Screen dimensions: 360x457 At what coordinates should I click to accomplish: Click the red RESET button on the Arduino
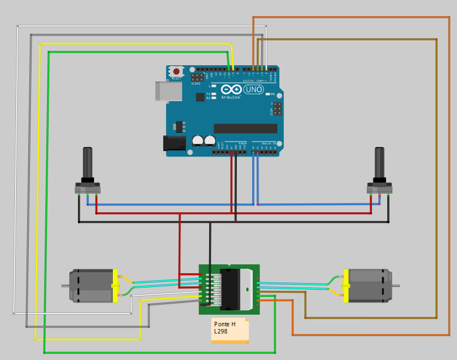pyautogui.click(x=176, y=71)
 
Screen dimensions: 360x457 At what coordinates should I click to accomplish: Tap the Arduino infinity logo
pyautogui.click(x=231, y=90)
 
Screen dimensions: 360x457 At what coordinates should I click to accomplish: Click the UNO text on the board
pyautogui.click(x=253, y=90)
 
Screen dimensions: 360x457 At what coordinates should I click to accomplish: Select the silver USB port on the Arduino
pyautogui.click(x=169, y=91)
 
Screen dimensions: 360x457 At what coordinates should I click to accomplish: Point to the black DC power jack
pyautogui.click(x=174, y=143)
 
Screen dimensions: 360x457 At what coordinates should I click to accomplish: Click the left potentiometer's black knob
pyautogui.click(x=87, y=162)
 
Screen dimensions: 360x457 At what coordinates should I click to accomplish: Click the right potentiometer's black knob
pyautogui.click(x=379, y=162)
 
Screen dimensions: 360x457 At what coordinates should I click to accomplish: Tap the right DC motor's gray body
pyautogui.click(x=368, y=285)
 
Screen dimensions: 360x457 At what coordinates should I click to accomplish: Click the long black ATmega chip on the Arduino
pyautogui.click(x=245, y=128)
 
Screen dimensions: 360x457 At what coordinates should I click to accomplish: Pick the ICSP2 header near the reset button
pyautogui.click(x=197, y=77)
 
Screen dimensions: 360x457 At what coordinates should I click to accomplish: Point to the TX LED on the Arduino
pyautogui.click(x=214, y=94)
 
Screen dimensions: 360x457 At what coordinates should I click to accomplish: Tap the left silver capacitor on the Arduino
pyautogui.click(x=198, y=141)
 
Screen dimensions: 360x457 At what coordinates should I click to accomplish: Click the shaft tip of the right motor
pyautogui.click(x=397, y=285)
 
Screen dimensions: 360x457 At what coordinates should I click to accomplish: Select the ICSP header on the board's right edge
pyautogui.click(x=277, y=108)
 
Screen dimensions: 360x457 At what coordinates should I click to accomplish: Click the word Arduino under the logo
pyautogui.click(x=231, y=97)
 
